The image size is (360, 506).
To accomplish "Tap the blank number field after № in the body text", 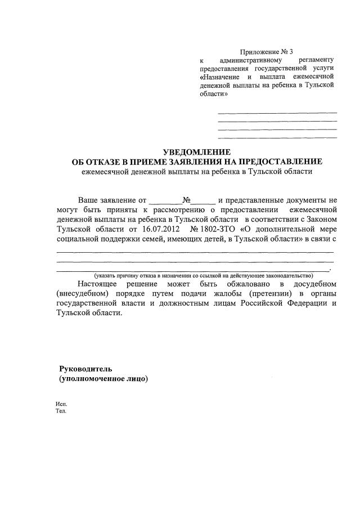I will [203, 200].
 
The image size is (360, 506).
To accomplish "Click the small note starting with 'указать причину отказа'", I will [203, 275].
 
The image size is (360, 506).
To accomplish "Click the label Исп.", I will [61, 404].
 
